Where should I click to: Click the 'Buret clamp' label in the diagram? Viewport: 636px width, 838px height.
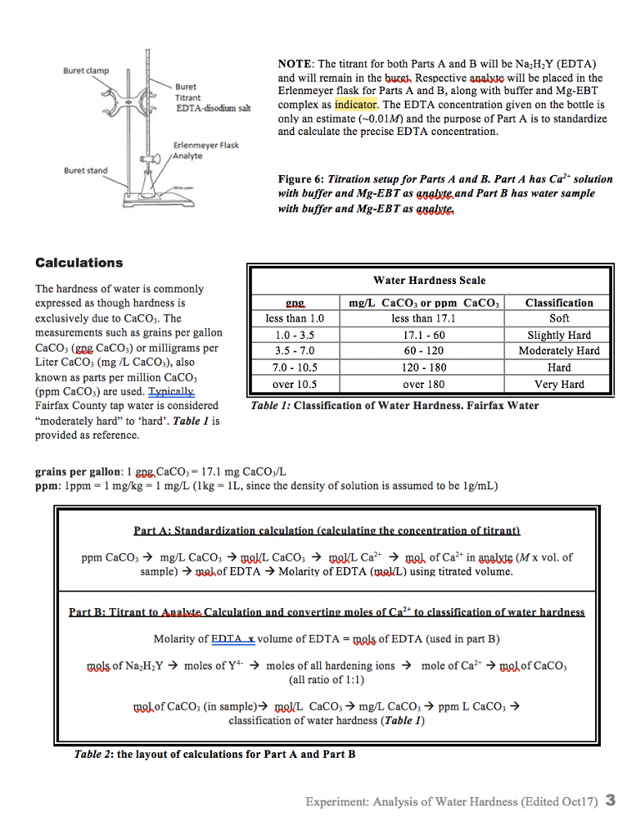[86, 71]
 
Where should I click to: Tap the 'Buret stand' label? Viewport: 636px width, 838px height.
[86, 170]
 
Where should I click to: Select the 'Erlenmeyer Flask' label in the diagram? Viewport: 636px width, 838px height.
[206, 145]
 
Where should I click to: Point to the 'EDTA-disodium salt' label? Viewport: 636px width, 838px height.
[213, 110]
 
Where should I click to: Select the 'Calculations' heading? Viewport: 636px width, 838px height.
[79, 263]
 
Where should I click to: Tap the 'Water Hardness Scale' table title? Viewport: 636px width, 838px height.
[429, 280]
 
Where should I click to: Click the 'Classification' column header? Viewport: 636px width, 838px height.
[559, 303]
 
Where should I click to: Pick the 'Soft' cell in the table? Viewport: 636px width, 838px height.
[559, 318]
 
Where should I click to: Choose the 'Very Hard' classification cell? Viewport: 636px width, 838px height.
[559, 384]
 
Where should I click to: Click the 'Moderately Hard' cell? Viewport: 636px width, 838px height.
[559, 351]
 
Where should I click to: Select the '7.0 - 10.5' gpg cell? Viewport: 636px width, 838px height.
[295, 367]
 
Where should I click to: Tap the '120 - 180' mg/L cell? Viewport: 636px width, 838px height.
[424, 367]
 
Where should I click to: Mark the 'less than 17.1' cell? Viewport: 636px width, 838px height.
[424, 318]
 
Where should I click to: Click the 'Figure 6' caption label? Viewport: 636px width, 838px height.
[300, 179]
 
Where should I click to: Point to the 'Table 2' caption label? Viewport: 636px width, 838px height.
[93, 754]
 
